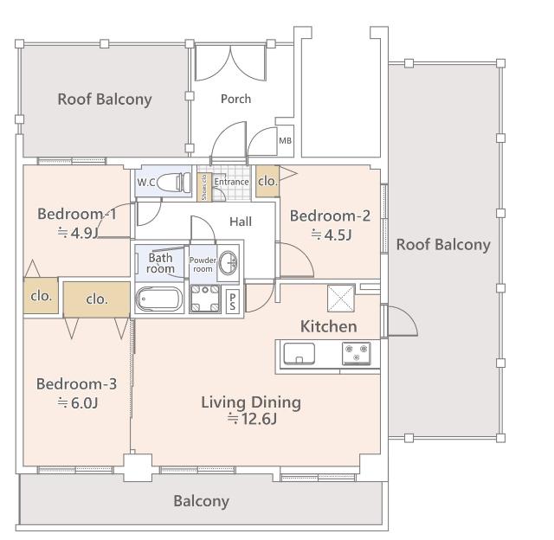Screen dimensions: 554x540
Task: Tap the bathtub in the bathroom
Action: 159,299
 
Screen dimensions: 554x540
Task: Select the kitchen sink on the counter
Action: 300,353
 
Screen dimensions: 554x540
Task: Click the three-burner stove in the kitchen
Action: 356,353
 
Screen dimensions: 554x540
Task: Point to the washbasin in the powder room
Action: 229,262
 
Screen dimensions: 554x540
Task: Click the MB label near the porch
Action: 285,140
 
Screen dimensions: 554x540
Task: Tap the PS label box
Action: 233,301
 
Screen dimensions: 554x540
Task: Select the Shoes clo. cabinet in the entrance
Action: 204,187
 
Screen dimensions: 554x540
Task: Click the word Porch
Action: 235,99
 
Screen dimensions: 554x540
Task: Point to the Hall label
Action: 241,222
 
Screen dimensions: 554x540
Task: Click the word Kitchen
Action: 329,326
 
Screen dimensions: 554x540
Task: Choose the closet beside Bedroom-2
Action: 267,181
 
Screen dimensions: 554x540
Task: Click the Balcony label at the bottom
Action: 202,501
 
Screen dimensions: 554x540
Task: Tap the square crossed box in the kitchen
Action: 341,299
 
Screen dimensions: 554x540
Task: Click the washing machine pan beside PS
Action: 205,299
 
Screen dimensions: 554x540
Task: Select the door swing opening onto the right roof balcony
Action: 403,321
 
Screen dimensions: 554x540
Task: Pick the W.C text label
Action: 146,183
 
